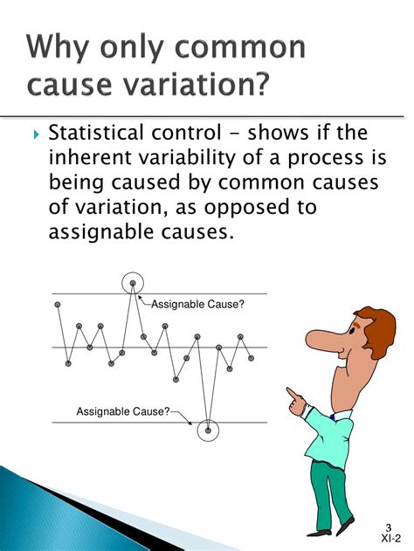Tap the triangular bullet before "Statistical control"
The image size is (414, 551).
click(34, 135)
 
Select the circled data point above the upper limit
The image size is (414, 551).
click(133, 283)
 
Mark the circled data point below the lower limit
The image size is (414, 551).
click(208, 430)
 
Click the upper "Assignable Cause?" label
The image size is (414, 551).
click(198, 304)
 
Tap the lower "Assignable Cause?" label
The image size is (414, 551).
click(123, 410)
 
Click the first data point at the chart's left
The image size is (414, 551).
click(58, 304)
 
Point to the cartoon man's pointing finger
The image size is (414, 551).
click(291, 395)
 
